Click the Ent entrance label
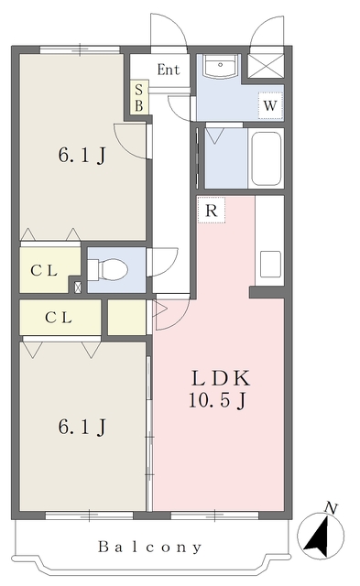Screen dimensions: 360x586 [169, 70]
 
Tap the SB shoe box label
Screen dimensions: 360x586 [139, 98]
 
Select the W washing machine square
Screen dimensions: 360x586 [270, 105]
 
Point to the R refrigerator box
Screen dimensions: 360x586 [212, 211]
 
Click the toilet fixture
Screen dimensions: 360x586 [108, 269]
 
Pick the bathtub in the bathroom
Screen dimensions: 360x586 [267, 158]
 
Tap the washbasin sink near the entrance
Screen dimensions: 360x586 [220, 67]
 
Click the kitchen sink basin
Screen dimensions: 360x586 [270, 264]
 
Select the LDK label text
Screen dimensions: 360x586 [220, 378]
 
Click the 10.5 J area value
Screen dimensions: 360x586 [217, 401]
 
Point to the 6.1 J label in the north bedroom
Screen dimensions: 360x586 [82, 155]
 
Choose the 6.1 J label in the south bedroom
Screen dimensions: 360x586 [82, 427]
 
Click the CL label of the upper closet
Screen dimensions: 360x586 [44, 271]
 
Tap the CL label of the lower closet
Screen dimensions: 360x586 [59, 318]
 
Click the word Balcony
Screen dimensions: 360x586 [150, 548]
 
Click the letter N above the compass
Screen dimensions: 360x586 [331, 508]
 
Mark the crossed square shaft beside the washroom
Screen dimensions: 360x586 [266, 66]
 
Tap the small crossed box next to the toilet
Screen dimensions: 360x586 [77, 288]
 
